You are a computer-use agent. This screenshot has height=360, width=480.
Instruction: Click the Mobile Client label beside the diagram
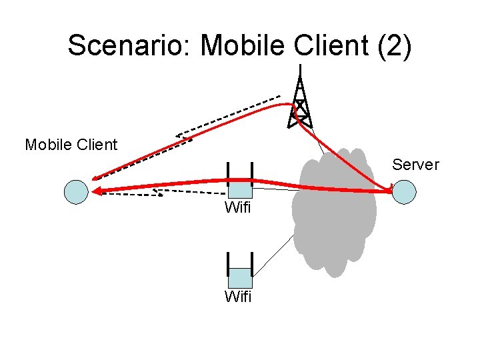pos(71,145)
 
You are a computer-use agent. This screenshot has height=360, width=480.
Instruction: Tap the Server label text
pos(415,165)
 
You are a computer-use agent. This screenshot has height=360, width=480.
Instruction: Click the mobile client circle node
pos(76,192)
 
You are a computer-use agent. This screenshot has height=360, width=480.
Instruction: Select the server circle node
pos(404,192)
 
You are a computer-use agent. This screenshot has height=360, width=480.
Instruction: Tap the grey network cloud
pos(333,213)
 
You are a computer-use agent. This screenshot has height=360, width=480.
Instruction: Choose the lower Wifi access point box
pos(240,277)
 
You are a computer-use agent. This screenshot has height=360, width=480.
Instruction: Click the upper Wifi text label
pos(238,208)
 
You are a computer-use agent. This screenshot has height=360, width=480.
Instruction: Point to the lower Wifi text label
pos(238,297)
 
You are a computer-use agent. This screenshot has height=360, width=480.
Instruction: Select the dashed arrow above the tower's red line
pos(227,117)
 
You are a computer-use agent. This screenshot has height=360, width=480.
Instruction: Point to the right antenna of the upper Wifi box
pos(253,172)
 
